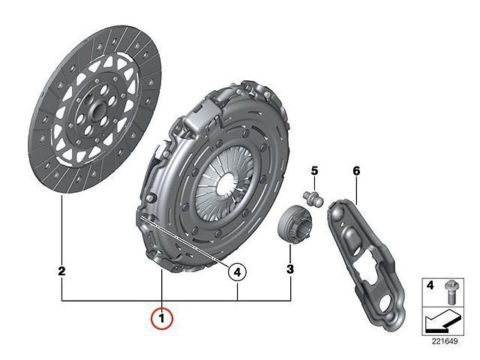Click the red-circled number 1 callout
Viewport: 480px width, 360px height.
click(x=162, y=319)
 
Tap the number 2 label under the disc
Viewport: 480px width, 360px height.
click(x=61, y=271)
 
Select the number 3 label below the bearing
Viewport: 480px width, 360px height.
click(x=290, y=269)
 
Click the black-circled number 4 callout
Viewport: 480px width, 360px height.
click(x=237, y=271)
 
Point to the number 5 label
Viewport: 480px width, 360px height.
click(x=315, y=171)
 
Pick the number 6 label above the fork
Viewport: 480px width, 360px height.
click(x=356, y=171)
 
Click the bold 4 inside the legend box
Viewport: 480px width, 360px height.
click(x=430, y=286)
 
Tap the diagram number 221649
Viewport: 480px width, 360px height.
click(x=445, y=341)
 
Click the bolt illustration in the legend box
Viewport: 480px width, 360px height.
click(x=449, y=292)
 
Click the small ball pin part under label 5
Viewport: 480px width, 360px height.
click(x=313, y=199)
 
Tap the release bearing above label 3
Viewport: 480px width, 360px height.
click(x=293, y=225)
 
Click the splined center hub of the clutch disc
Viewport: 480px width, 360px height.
click(x=95, y=109)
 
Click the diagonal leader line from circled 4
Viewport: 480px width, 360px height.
click(x=186, y=241)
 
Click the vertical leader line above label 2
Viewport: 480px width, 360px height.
click(x=61, y=230)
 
